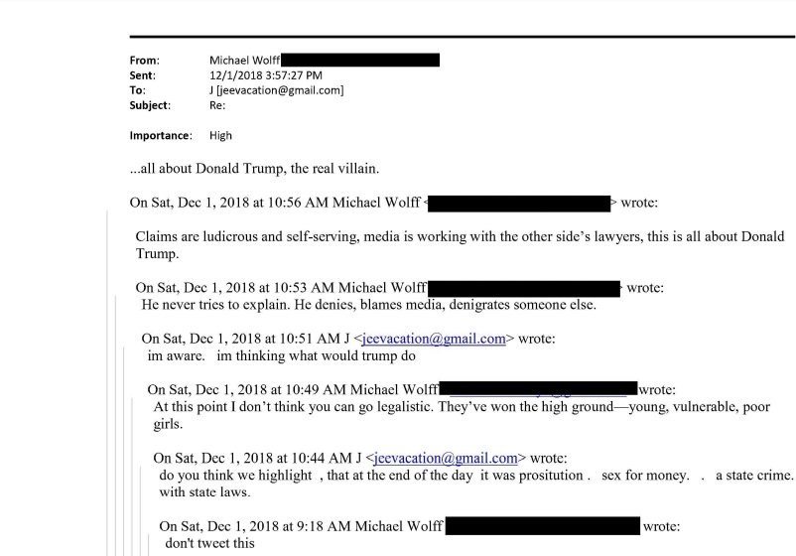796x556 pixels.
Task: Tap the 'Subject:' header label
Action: coord(150,104)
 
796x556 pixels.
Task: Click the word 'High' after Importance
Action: coord(221,135)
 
